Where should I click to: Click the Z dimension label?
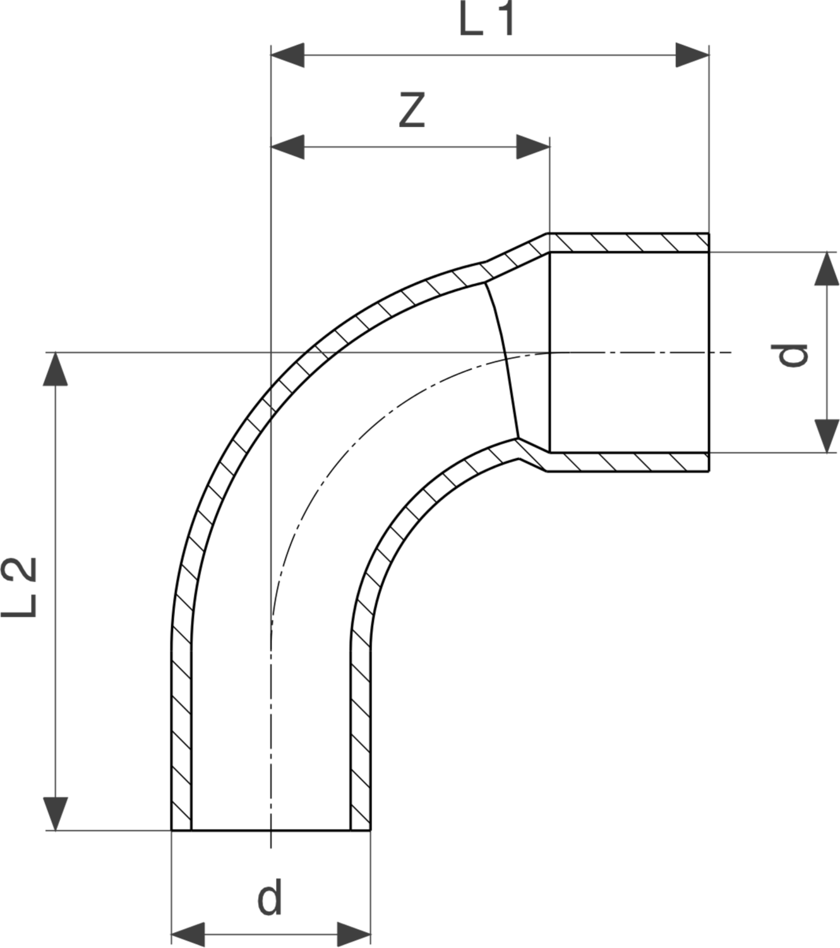coord(411,111)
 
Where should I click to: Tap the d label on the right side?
coord(792,354)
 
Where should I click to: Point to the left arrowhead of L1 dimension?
coord(287,56)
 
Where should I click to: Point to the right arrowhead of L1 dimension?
coord(692,56)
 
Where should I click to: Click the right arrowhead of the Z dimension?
coord(532,147)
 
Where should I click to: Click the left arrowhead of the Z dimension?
coord(287,147)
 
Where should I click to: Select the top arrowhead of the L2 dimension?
coord(56,369)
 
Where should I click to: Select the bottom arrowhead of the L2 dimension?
coord(56,813)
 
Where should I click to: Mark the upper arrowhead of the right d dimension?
coord(826,269)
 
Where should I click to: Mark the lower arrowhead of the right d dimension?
coord(826,435)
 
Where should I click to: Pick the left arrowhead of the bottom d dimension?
coord(188,933)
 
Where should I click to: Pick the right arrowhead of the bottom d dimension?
coord(354,933)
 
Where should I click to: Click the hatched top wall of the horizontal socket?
coord(628,243)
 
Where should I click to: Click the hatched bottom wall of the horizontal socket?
coord(628,462)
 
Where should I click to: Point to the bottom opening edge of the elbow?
coord(270,830)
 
